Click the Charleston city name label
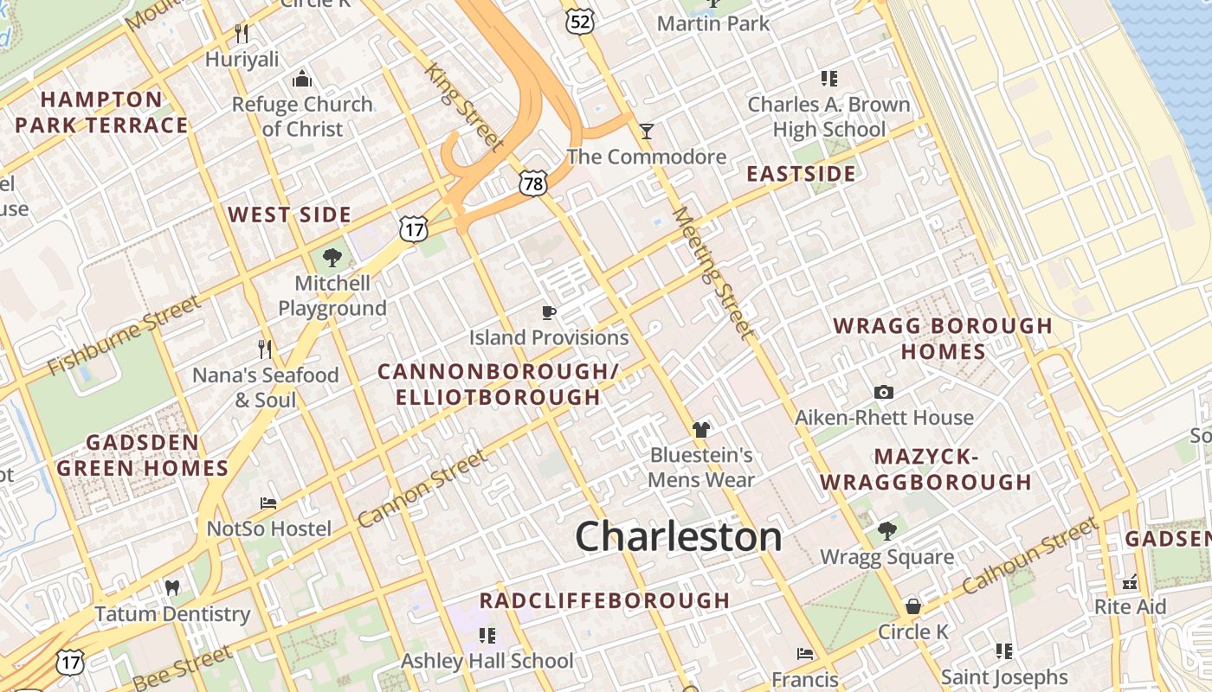click(x=679, y=536)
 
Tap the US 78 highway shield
click(x=534, y=183)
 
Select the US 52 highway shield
click(x=580, y=22)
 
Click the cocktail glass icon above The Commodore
click(x=646, y=131)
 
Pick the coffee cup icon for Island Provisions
click(x=548, y=312)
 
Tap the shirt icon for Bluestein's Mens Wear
click(x=701, y=430)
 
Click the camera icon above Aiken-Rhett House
click(x=884, y=393)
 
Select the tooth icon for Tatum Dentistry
click(x=171, y=588)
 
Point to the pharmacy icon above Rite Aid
click(x=1130, y=581)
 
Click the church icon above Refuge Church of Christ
click(x=302, y=79)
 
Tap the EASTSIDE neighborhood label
click(x=801, y=174)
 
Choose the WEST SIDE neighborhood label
click(x=289, y=215)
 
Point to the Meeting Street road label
click(x=712, y=273)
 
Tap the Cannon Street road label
click(x=422, y=489)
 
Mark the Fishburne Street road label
click(x=123, y=336)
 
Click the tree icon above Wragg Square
click(x=886, y=530)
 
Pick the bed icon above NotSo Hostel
click(x=268, y=503)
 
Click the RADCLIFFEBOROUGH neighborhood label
click(x=604, y=600)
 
